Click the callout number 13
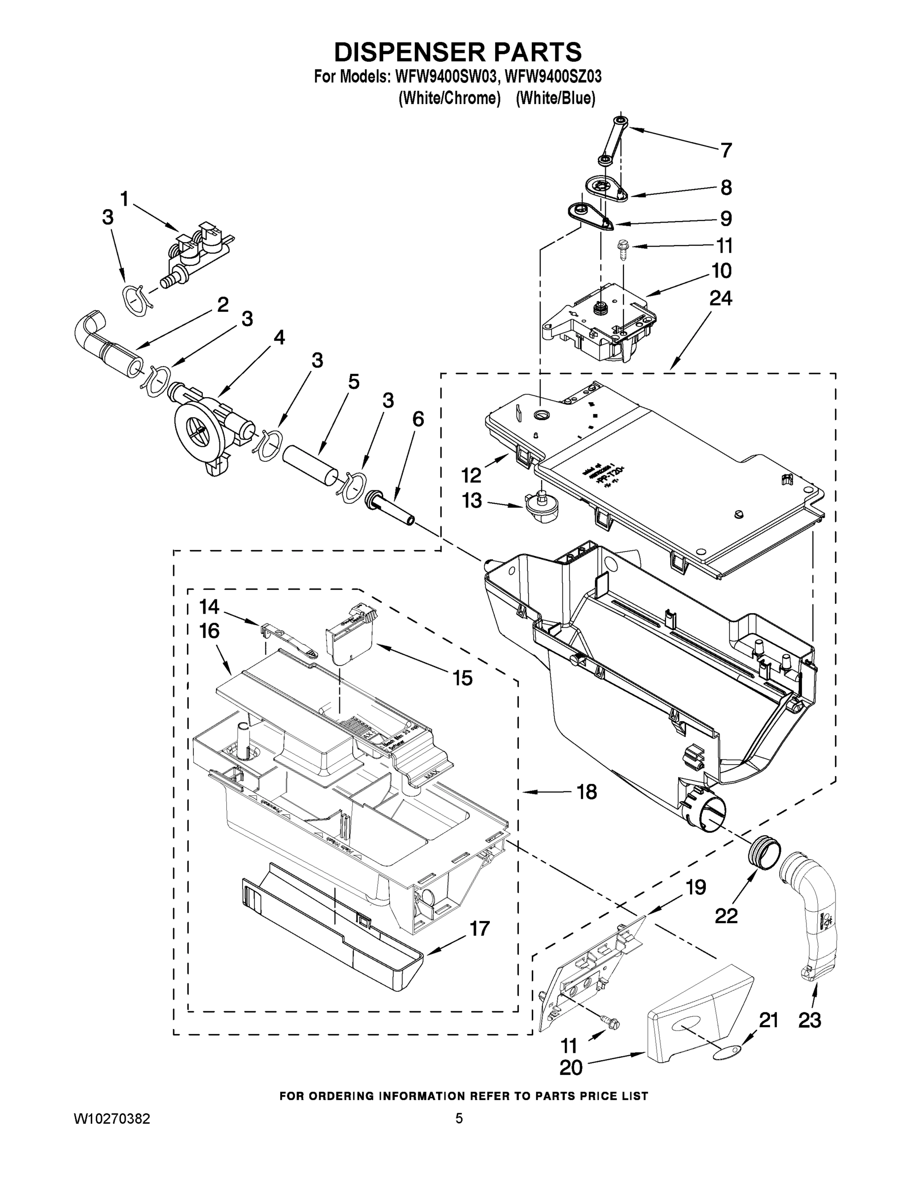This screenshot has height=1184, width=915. point(472,500)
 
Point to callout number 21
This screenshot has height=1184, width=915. point(768,1020)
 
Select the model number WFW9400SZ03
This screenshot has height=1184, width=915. point(552,76)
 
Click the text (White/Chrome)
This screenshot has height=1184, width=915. point(449,98)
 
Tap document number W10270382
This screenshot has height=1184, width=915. point(111,1118)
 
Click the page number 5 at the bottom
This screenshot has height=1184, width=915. point(459,1118)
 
